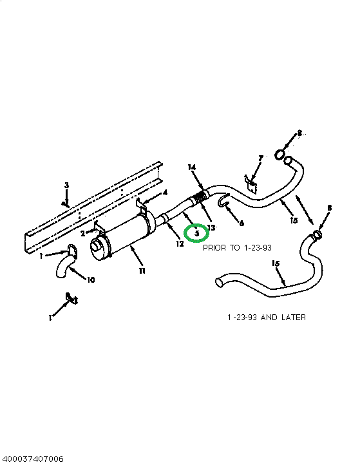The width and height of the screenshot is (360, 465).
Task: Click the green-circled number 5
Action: tap(196, 232)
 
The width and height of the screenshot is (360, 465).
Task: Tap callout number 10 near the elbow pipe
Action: tap(90, 281)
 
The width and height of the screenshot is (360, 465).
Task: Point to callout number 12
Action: tap(180, 243)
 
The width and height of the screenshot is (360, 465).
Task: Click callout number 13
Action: tap(211, 228)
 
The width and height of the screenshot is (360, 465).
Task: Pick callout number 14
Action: tap(191, 167)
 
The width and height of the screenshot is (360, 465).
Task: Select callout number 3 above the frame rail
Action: tap(66, 185)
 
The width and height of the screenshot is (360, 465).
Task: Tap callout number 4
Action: tap(166, 192)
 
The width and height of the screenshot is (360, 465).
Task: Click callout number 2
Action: tap(82, 233)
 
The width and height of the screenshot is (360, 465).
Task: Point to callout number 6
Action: tap(242, 223)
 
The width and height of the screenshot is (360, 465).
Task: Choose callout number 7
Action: tap(261, 157)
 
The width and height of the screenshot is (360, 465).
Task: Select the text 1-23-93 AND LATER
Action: tap(266, 318)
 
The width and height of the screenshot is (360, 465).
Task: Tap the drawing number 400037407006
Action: tap(32, 459)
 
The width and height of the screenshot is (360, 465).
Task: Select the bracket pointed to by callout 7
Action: tap(251, 184)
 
